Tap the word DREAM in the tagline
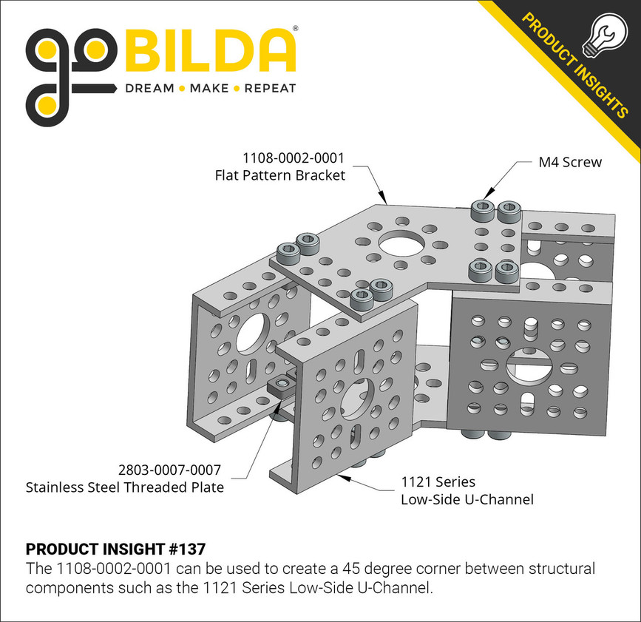pos(149,89)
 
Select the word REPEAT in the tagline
pos(269,89)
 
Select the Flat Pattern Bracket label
pos(280,176)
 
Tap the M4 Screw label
pos(570,162)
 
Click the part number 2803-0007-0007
pos(169,470)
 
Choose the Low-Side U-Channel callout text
pos(467,500)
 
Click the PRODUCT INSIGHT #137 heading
pos(115,550)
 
